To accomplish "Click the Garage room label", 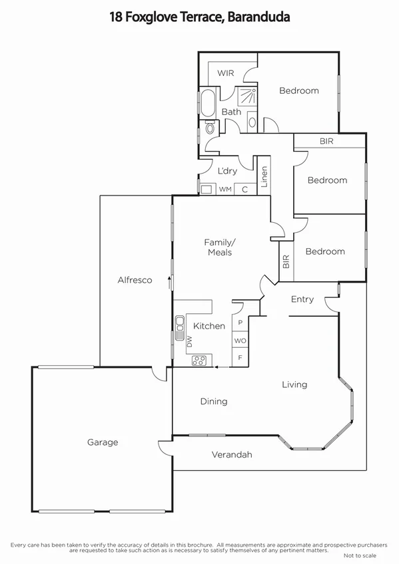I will pyautogui.click(x=103, y=442).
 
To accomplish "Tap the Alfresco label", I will pyautogui.click(x=135, y=280).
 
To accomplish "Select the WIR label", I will pyautogui.click(x=225, y=73).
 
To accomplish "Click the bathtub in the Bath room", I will pyautogui.click(x=206, y=103).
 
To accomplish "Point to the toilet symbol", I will pyautogui.click(x=210, y=128).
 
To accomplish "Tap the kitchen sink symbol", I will pyautogui.click(x=180, y=326).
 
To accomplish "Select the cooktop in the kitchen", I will pyautogui.click(x=199, y=360).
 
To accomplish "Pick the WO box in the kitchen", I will pyautogui.click(x=240, y=341).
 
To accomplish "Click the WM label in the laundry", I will pyautogui.click(x=225, y=190).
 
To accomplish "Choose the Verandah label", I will pyautogui.click(x=232, y=455).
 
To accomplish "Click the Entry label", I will pyautogui.click(x=302, y=299).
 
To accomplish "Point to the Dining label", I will pyautogui.click(x=214, y=401).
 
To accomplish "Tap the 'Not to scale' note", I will pyautogui.click(x=360, y=555).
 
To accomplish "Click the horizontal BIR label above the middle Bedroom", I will pyautogui.click(x=326, y=141).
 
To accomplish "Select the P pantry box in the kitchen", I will pyautogui.click(x=240, y=324).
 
